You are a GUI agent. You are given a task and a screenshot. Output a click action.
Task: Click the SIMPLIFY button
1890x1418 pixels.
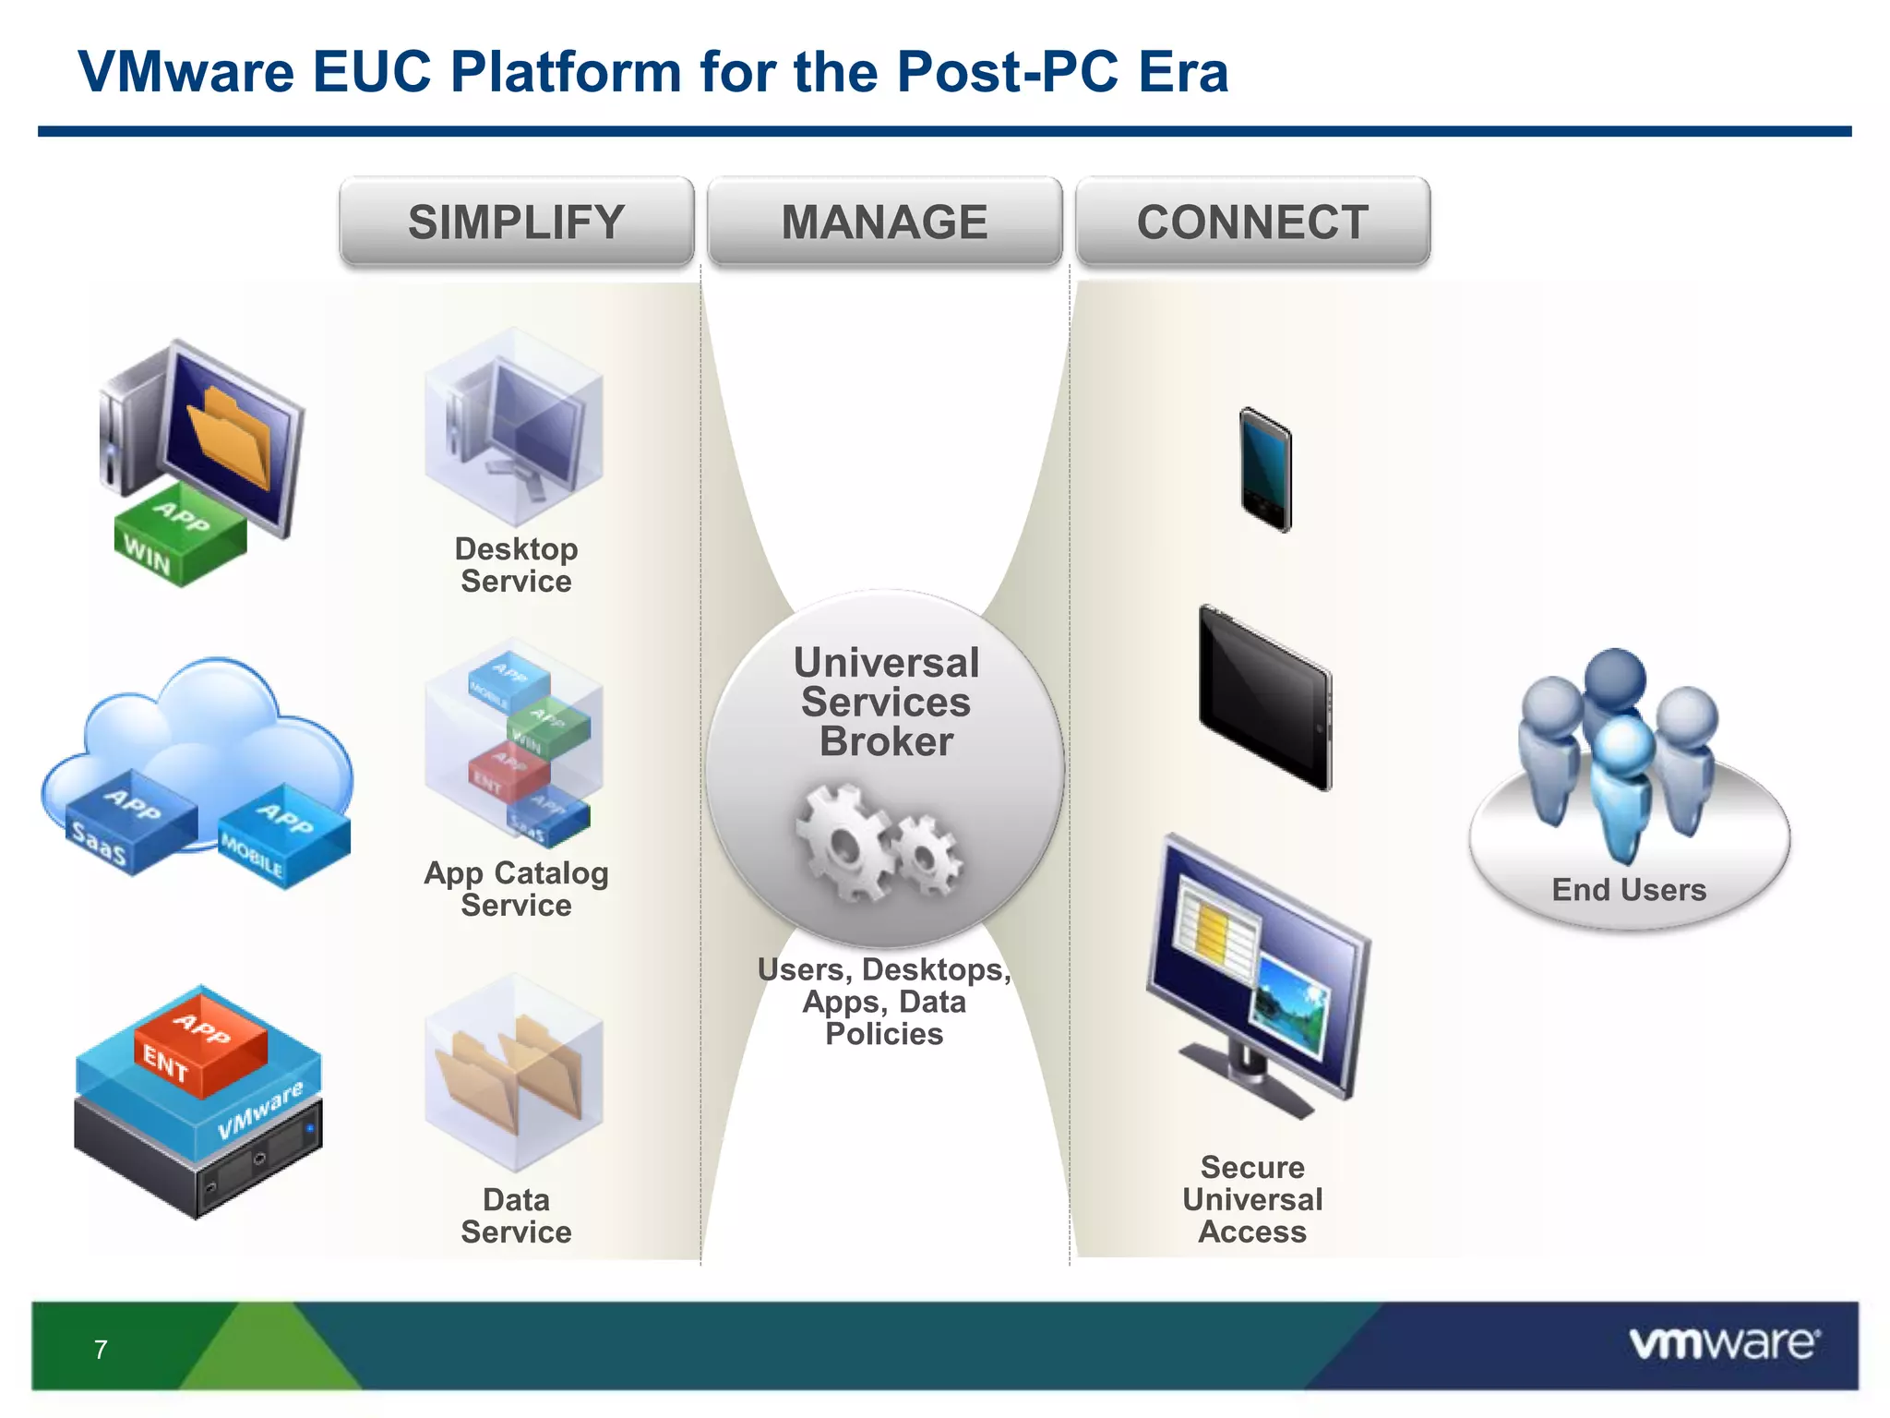(516, 222)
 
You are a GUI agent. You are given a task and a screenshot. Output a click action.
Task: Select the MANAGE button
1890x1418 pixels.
(884, 222)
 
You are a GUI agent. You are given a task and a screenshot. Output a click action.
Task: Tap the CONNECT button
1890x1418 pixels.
(1252, 222)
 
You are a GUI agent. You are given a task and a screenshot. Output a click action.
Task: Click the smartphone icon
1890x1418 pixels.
(1265, 469)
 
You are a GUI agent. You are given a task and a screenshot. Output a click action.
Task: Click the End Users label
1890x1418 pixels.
(1629, 890)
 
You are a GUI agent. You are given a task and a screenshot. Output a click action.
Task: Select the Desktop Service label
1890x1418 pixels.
(516, 565)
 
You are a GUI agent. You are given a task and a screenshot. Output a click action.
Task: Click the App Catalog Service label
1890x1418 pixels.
(516, 889)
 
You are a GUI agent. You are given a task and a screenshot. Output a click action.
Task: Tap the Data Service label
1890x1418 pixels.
(516, 1216)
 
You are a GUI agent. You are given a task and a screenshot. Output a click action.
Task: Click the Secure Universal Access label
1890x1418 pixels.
(1252, 1199)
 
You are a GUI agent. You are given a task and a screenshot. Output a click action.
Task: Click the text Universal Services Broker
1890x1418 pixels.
(886, 702)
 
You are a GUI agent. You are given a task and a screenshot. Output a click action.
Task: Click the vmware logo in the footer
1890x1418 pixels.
(1724, 1343)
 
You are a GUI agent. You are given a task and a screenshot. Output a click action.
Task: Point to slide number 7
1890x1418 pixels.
(101, 1350)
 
